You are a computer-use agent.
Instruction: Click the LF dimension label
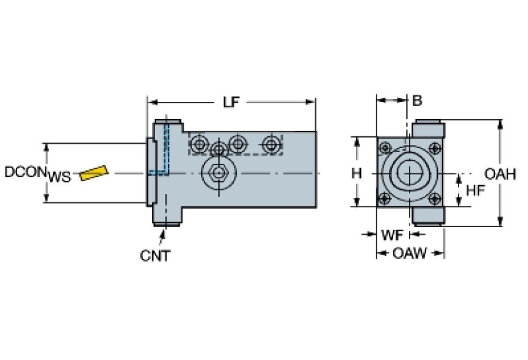pyautogui.click(x=231, y=103)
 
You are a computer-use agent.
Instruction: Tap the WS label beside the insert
pyautogui.click(x=59, y=178)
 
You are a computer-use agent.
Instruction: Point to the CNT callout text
pyautogui.click(x=155, y=256)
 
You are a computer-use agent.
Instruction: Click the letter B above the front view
pyautogui.click(x=417, y=100)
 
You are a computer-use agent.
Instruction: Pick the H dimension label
pyautogui.click(x=356, y=173)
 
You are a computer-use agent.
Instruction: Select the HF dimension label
pyautogui.click(x=475, y=190)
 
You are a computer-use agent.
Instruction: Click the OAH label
pyautogui.click(x=500, y=174)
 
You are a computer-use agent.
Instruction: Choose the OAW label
pyautogui.click(x=409, y=254)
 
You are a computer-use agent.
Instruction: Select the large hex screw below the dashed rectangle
pyautogui.click(x=219, y=171)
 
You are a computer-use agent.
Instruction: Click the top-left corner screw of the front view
pyautogui.click(x=385, y=147)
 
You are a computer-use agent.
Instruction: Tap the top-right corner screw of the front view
pyautogui.click(x=434, y=147)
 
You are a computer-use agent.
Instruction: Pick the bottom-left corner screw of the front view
pyautogui.click(x=385, y=198)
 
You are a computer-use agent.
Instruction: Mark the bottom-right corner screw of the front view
pyautogui.click(x=434, y=198)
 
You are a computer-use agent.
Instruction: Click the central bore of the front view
pyautogui.click(x=410, y=172)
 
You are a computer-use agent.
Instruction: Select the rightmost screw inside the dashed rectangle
pyautogui.click(x=271, y=144)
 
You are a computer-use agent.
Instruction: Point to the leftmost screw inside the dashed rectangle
pyautogui.click(x=200, y=143)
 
